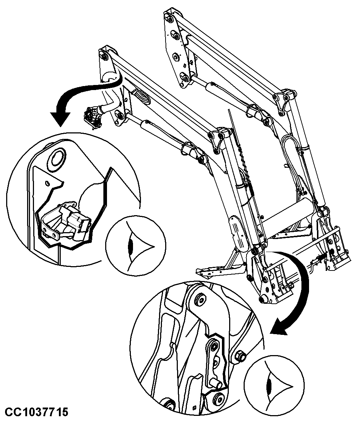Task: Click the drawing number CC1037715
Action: click(37, 412)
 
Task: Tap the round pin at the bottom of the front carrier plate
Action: click(263, 299)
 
